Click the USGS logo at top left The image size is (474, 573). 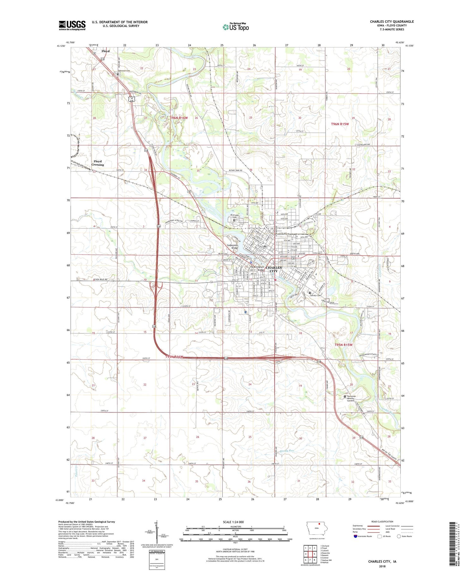click(72, 25)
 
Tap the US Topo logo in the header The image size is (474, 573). click(235, 27)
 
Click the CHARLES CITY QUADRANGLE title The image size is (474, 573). click(392, 21)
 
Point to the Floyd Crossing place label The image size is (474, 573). click(98, 163)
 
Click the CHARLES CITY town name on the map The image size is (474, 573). click(274, 269)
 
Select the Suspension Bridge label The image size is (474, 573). click(232, 247)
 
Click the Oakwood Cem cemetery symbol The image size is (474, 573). click(118, 74)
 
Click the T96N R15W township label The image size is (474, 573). click(340, 124)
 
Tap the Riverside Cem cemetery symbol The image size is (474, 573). click(234, 221)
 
